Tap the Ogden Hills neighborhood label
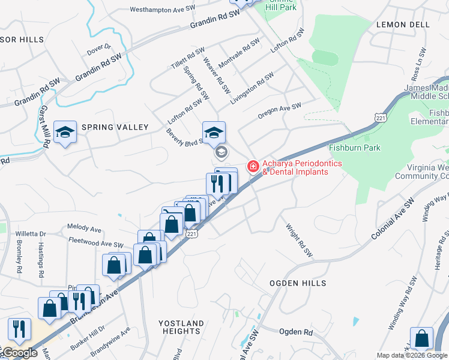pyautogui.click(x=298, y=283)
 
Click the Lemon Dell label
pyautogui.click(x=403, y=25)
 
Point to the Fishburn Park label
pyautogui.click(x=355, y=148)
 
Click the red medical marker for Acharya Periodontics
pyautogui.click(x=253, y=166)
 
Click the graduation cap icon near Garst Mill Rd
pyautogui.click(x=65, y=133)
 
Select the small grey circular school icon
pyautogui.click(x=221, y=152)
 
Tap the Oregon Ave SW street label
pyautogui.click(x=279, y=110)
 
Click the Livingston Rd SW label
pyautogui.click(x=252, y=88)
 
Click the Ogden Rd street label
pyautogui.click(x=297, y=331)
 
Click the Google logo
pyautogui.click(x=19, y=353)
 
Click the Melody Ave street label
pyautogui.click(x=85, y=229)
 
